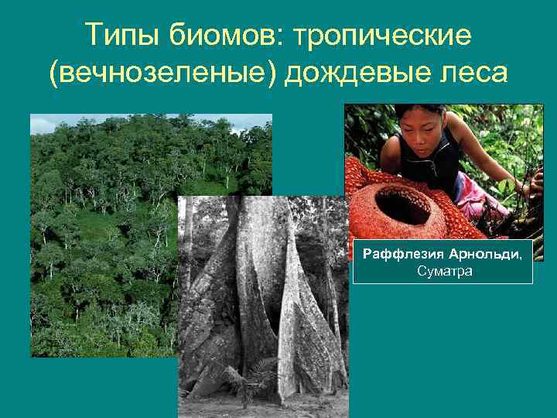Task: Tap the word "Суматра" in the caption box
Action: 443,272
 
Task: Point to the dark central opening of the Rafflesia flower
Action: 403,206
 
